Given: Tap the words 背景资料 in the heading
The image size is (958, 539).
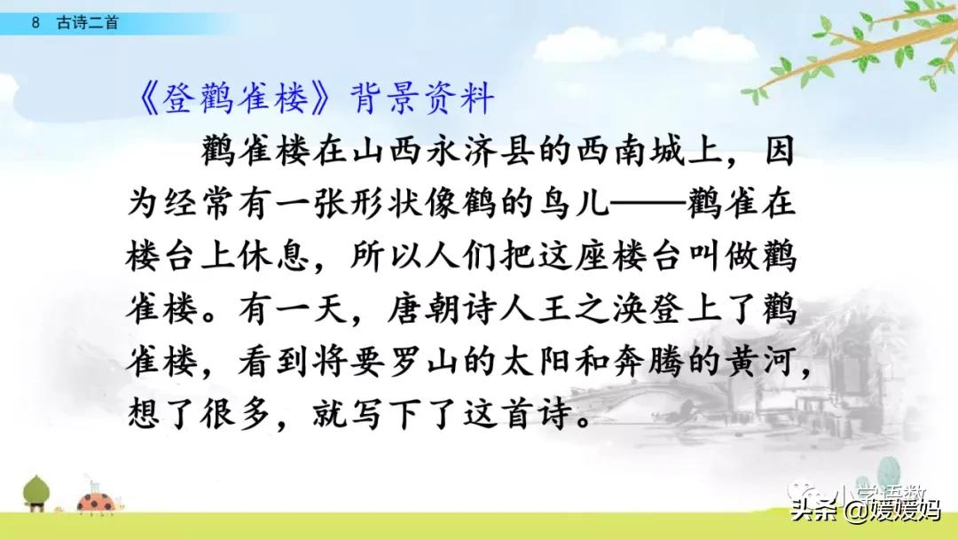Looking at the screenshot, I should (x=424, y=99).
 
